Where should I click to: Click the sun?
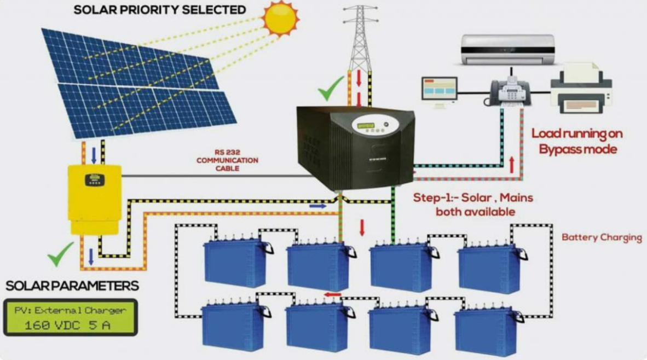point(281,18)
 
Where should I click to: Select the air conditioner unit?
point(507,49)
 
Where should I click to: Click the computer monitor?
point(440,92)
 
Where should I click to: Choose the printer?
point(581,88)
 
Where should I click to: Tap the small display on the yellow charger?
point(95,180)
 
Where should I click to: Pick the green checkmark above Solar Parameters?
point(60,254)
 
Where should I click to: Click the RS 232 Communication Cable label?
point(227,160)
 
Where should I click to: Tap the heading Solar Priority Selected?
point(160,9)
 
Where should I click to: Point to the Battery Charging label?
point(602,237)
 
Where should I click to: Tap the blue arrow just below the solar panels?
point(94,155)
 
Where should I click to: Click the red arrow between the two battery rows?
point(333,294)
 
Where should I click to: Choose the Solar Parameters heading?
point(72,286)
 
